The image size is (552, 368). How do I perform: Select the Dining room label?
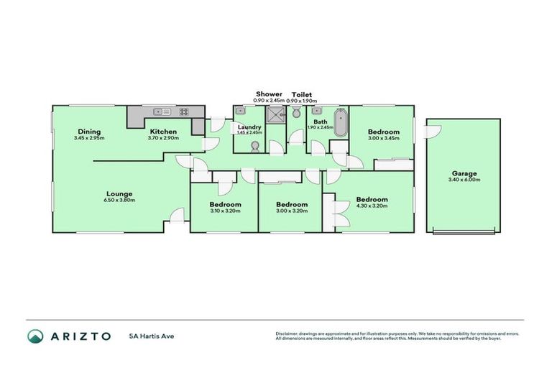pyautogui.click(x=89, y=132)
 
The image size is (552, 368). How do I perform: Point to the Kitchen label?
pyautogui.click(x=164, y=132)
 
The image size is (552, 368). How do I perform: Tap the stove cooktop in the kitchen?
pyautogui.click(x=183, y=111)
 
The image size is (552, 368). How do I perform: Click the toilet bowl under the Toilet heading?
pyautogui.click(x=296, y=114)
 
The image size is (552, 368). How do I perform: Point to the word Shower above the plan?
pyautogui.click(x=270, y=94)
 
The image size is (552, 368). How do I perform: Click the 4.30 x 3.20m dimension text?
pyautogui.click(x=372, y=206)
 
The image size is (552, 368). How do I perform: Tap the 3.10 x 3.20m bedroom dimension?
pyautogui.click(x=226, y=211)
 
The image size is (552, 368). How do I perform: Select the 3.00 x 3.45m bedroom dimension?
pyautogui.click(x=384, y=138)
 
